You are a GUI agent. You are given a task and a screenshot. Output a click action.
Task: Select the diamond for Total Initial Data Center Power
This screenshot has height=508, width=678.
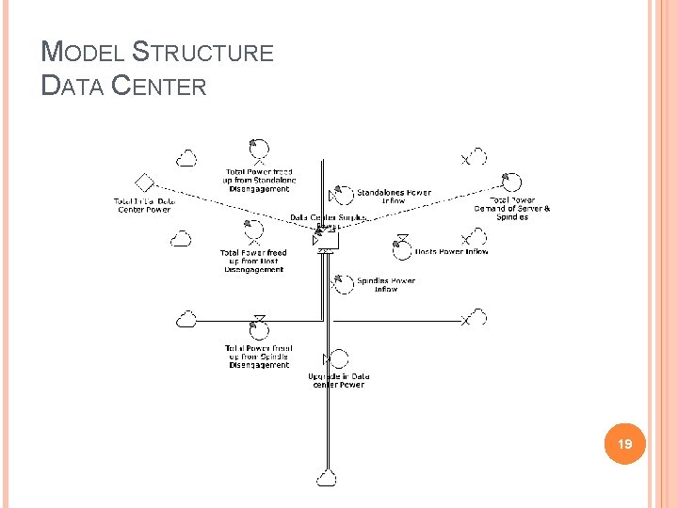(144, 183)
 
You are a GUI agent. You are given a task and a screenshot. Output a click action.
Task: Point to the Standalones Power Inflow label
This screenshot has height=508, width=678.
(394, 197)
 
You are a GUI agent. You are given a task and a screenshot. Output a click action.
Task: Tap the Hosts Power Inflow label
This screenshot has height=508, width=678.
(452, 252)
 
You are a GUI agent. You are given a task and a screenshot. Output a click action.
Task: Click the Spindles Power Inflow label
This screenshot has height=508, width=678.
(386, 285)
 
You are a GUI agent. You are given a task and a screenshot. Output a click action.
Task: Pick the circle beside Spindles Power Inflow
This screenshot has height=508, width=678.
(342, 282)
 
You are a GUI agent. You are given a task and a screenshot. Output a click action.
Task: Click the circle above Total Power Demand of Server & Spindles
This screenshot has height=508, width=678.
(512, 183)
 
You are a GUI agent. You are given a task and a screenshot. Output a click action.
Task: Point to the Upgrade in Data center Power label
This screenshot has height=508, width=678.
(338, 381)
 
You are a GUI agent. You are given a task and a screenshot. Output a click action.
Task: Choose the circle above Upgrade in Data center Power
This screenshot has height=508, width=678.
(337, 358)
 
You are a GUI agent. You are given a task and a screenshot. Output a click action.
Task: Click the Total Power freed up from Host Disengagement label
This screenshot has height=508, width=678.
(253, 261)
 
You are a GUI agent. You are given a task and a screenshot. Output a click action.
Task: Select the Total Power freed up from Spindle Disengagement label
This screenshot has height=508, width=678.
(259, 357)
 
